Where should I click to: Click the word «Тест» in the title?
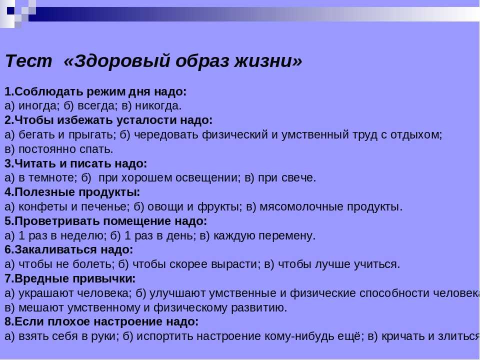point(29,60)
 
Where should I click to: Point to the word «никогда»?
point(158,106)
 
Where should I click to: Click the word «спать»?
point(96,149)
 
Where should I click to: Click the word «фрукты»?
point(219,207)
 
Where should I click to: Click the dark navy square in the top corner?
point(10,11)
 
